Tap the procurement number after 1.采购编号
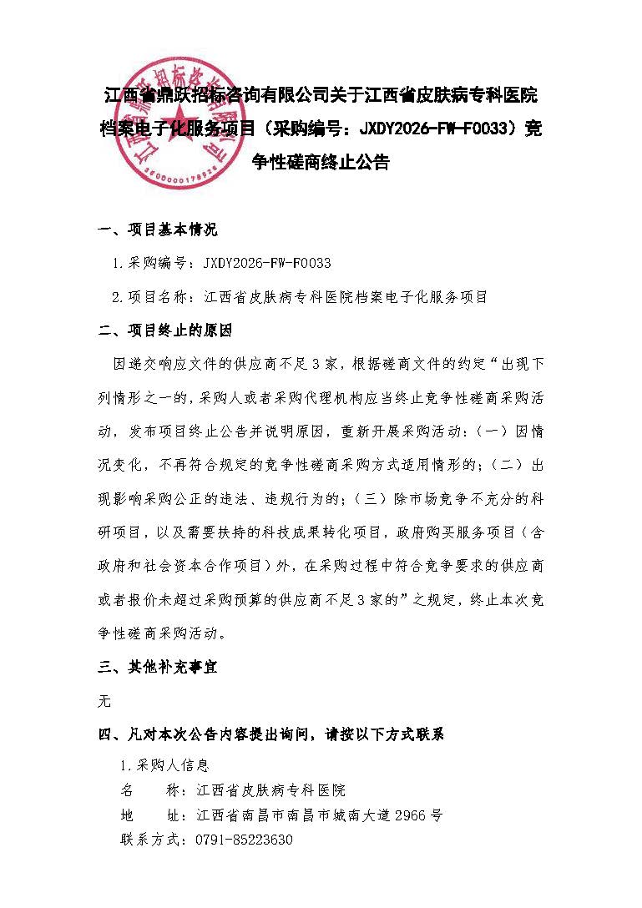[x=267, y=264]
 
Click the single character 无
[x=104, y=701]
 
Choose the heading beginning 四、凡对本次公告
[x=271, y=735]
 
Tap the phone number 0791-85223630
[x=243, y=840]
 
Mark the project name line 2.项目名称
[x=299, y=297]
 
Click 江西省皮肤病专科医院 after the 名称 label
[x=270, y=790]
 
